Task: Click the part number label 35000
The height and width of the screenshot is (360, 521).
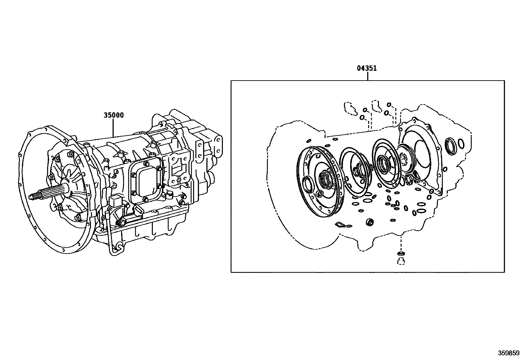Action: [114, 115]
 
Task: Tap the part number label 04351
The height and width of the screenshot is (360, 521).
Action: [367, 68]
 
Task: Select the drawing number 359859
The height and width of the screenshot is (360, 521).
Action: [509, 353]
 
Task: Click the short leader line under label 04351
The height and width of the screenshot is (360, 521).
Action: [368, 76]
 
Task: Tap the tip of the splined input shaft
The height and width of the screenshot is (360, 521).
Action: [30, 197]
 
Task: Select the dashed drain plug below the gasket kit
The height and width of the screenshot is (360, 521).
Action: [401, 261]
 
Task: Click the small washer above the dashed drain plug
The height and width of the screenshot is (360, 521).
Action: [401, 253]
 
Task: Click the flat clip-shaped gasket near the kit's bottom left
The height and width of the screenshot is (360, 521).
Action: [343, 225]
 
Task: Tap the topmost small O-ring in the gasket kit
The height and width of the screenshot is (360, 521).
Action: [389, 104]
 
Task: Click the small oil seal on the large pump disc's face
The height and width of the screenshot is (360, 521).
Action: [308, 183]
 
